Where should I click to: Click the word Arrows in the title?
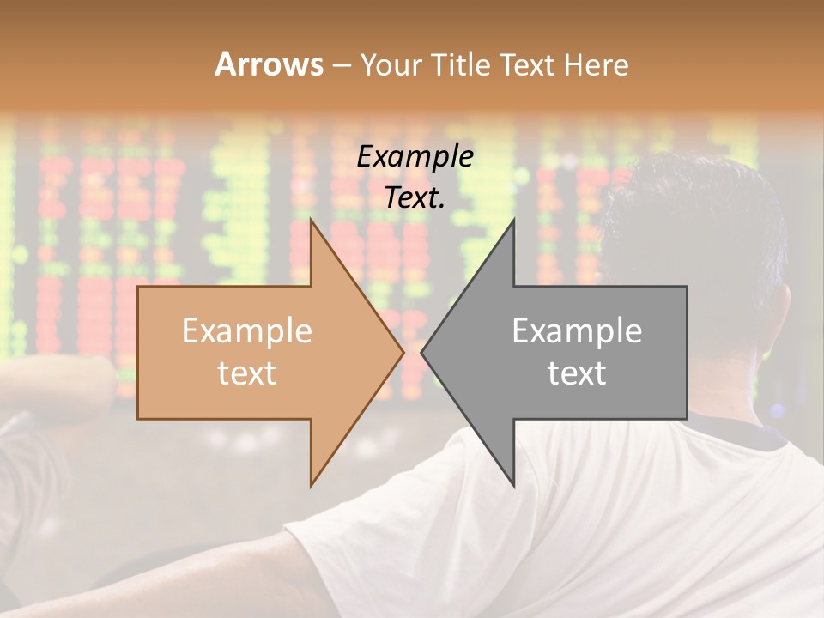click(270, 64)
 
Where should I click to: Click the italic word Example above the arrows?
click(415, 157)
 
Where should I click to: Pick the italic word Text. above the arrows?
click(415, 198)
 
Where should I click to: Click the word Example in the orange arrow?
click(247, 330)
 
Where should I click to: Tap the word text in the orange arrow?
click(247, 373)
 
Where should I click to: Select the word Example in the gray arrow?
click(577, 330)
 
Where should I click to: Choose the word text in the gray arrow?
click(577, 373)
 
